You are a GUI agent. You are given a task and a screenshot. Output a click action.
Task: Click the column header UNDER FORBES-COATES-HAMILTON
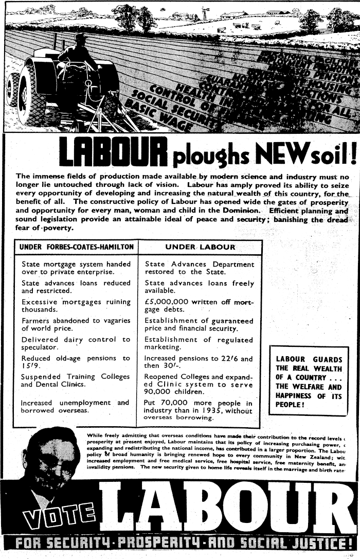coord(77,247)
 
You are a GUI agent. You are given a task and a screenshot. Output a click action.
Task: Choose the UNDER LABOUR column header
coord(200,247)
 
